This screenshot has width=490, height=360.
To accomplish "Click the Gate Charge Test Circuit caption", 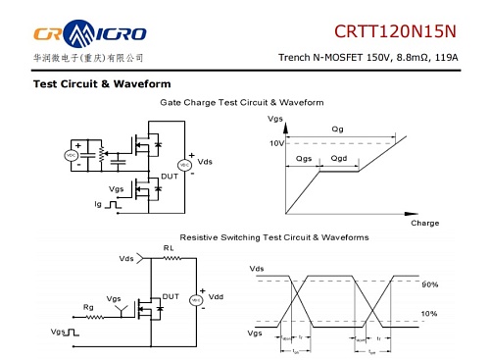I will click(248, 102).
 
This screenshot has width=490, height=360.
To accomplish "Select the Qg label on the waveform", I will click(338, 129).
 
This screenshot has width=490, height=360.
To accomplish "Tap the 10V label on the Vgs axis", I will click(276, 143).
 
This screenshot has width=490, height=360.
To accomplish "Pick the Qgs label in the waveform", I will click(304, 158).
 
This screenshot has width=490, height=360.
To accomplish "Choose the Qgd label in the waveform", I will click(339, 158).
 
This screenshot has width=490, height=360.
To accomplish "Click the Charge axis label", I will click(424, 223).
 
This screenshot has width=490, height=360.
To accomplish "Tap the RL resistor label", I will click(168, 248).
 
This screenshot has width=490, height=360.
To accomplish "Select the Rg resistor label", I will click(88, 306).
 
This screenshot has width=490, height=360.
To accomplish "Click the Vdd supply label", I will click(217, 295).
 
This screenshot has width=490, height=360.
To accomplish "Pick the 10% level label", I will click(428, 314).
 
